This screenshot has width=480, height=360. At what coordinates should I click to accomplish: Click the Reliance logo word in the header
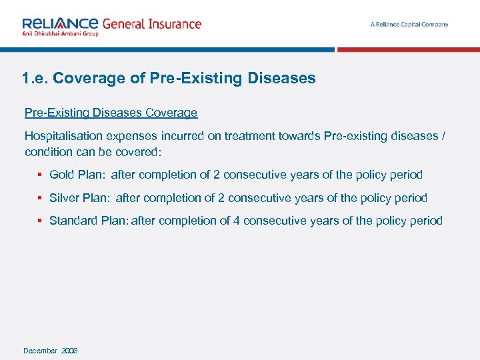coord(60,23)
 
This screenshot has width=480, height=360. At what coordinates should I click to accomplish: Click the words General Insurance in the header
coord(151,24)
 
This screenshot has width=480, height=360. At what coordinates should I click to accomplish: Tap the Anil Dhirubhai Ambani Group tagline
coord(60,34)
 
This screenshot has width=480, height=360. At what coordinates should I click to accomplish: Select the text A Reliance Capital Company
coord(409,25)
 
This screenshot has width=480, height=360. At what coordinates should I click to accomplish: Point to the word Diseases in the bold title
coord(281,78)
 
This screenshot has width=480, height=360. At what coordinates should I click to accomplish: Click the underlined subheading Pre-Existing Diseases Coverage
coord(111,113)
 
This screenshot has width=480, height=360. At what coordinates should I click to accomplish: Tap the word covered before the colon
coord(138,151)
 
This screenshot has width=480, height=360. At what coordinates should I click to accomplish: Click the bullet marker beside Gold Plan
coord(41,175)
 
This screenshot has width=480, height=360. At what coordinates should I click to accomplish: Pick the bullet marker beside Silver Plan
coord(41,198)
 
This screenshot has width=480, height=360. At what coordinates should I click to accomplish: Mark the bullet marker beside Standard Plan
coord(41,221)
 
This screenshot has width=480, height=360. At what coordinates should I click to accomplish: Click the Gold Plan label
coord(76,175)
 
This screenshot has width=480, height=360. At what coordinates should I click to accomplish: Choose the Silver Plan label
coord(79,198)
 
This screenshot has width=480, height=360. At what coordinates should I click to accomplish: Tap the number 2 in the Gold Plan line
coord(217,175)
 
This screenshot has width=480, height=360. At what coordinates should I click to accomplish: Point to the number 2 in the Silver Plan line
coord(221,198)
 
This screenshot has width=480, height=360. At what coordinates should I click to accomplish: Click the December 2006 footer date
coord(51,351)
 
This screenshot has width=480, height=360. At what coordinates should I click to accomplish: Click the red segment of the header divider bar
coord(408,49)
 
